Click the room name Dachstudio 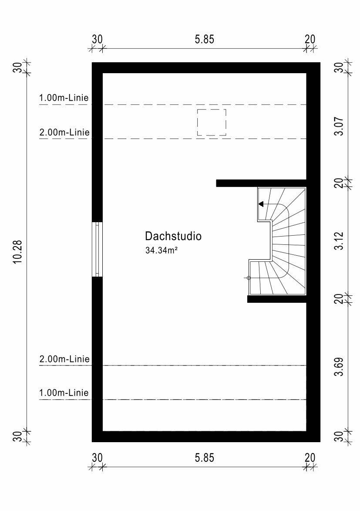point(173,236)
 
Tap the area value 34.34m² point(161,250)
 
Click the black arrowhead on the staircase point(261,204)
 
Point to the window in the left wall point(97,249)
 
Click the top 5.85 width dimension point(205,40)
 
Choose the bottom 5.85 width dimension point(205,458)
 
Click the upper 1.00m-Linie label point(64,98)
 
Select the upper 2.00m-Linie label point(64,132)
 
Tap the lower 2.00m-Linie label point(64,359)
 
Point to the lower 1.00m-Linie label point(64,393)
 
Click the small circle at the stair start point(249,278)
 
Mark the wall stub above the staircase point(261,183)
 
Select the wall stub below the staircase point(277,299)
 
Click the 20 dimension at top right point(310,40)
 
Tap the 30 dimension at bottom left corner point(97,458)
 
